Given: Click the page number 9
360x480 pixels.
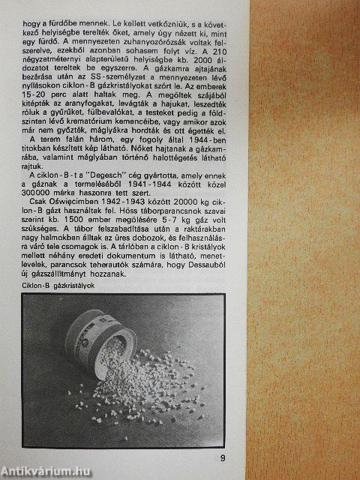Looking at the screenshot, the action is pos(223,458).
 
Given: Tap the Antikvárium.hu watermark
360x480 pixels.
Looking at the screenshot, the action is pos(45,472).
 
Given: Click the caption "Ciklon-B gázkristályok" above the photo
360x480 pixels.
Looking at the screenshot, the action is pos(58,286).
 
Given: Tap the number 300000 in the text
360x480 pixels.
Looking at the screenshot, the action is pos(34,193).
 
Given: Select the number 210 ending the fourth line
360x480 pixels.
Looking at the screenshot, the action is pos(220,50).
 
